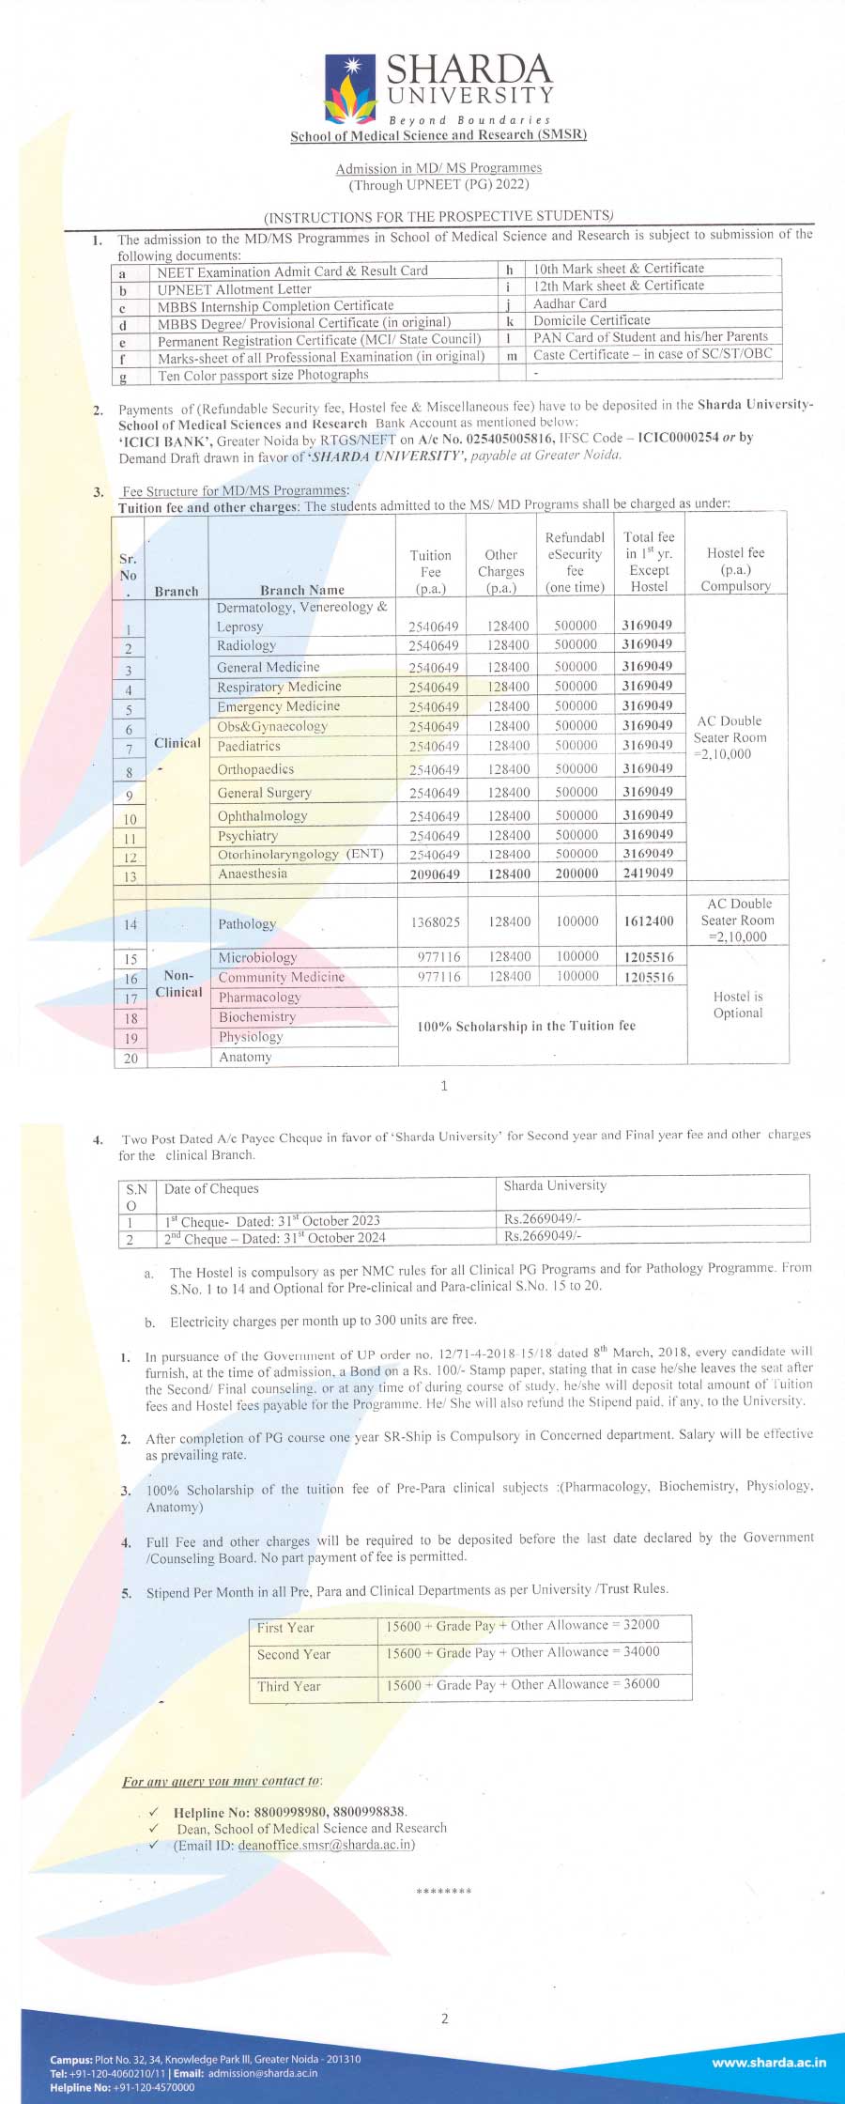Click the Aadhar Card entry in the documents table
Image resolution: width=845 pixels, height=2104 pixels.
pos(570,303)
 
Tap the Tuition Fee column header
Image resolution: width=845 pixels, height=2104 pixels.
pos(431,571)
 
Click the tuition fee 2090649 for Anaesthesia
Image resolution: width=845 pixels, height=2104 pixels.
pos(434,874)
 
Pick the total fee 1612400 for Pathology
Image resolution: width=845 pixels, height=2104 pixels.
pos(648,921)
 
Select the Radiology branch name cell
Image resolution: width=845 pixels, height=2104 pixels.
pos(247,645)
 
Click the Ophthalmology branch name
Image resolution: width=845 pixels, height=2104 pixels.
pos(262,816)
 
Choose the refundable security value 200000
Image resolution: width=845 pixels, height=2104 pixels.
pos(576,874)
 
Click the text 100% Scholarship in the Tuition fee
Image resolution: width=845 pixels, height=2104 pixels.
pos(526,1026)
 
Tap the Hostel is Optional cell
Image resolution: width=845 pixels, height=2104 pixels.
pos(738,1004)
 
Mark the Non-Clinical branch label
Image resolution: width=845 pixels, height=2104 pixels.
pos(178,983)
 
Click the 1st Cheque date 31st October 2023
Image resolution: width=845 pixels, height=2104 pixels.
pos(272,1221)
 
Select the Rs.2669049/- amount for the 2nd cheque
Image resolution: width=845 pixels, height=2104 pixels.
pos(543,1236)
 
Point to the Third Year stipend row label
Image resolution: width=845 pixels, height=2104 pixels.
pos(289,1686)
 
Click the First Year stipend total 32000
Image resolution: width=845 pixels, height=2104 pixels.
pos(641,1625)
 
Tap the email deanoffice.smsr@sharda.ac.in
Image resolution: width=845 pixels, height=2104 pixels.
pos(324,1844)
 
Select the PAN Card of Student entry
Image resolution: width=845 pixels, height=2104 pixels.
pos(650,336)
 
